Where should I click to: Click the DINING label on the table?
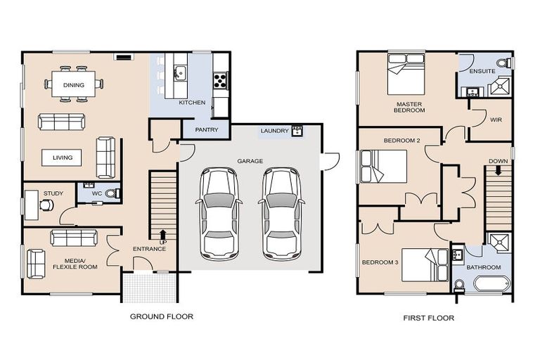[74, 85]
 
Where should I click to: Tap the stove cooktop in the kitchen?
[220, 80]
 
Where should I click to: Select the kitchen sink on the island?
[180, 73]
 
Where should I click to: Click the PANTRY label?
[206, 130]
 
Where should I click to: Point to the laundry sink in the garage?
[297, 131]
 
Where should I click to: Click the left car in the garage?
[219, 214]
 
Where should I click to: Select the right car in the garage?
[281, 214]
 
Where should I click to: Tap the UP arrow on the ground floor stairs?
[163, 234]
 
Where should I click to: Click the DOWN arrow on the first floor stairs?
[498, 170]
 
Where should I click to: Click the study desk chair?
[46, 205]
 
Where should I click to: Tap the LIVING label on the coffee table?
[63, 157]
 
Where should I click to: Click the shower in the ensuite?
[500, 86]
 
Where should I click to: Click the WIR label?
[496, 120]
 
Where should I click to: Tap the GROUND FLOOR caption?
[162, 316]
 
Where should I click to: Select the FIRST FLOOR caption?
[429, 318]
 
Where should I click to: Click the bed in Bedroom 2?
[384, 167]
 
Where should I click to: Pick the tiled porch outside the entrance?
[150, 288]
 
